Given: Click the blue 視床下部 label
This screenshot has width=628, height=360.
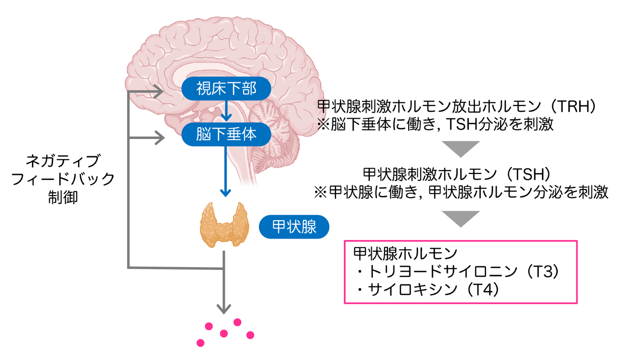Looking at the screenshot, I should pos(226,89).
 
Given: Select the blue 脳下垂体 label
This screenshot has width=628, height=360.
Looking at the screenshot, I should pos(226,134).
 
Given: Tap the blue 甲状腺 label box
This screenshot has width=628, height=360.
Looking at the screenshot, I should pos(294,227).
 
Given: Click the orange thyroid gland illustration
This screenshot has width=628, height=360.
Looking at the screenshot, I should pos(224,225).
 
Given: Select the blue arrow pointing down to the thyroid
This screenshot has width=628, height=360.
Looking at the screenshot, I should pos(225,171).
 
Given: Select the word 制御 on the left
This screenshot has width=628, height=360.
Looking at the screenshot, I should pos(63,197).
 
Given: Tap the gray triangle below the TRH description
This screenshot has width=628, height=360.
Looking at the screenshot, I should pos(460,149).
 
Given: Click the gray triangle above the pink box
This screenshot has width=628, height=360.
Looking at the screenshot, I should pos(460,218).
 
